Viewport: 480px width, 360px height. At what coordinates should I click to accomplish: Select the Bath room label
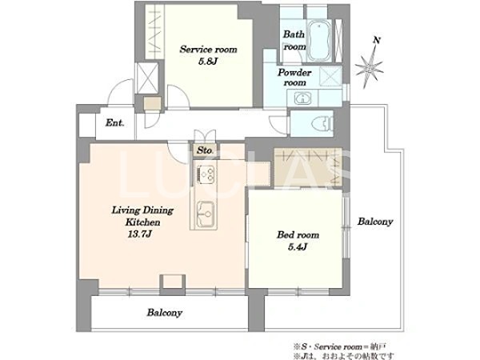295,41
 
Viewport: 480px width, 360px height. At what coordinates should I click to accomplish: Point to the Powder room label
294,77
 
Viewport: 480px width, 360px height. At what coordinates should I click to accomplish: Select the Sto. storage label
204,150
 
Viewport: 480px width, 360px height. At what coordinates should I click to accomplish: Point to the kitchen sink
203,214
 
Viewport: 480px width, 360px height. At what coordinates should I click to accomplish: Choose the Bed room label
298,235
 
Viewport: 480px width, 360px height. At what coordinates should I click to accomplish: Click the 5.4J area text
298,246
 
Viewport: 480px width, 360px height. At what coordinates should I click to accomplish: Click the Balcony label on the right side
374,221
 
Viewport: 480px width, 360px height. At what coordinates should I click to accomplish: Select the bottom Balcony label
164,313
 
